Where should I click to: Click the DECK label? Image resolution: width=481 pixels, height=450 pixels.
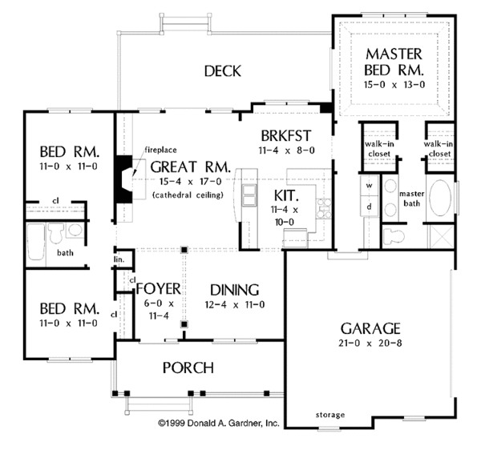click(222, 71)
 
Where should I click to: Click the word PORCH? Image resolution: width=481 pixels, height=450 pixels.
click(188, 368)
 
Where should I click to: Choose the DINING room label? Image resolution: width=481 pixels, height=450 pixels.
click(234, 290)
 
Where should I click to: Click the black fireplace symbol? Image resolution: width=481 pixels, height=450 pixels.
click(124, 172)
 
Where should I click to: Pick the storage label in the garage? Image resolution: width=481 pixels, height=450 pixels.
click(329, 415)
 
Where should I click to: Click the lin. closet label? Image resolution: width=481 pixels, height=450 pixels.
click(119, 259)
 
